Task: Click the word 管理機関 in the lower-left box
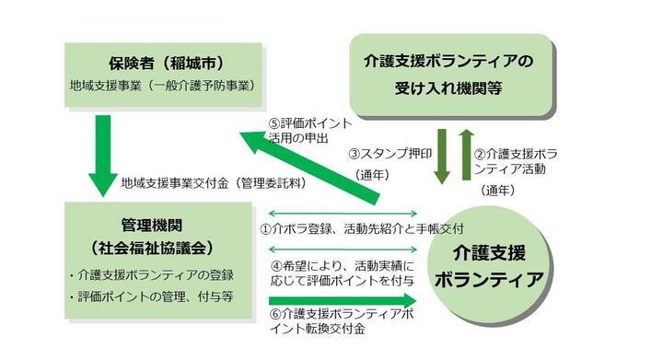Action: (159, 226)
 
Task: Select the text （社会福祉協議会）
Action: (159, 247)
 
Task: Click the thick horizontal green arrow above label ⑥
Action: (341, 300)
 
